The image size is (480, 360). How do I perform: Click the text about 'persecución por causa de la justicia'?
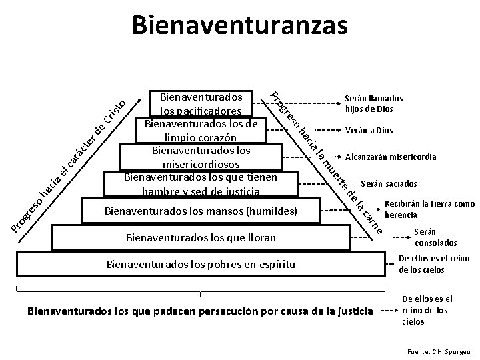pos(200,311)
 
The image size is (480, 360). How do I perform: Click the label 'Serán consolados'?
pos(427,237)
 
